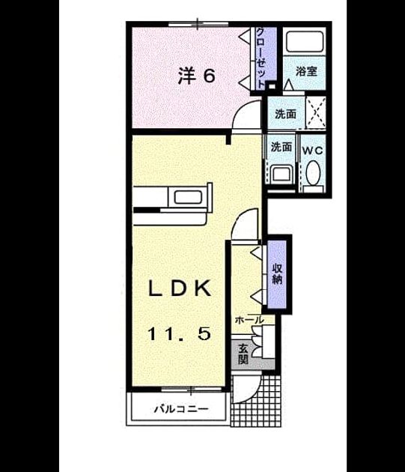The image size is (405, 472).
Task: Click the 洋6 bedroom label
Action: [197, 75]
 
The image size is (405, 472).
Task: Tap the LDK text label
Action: [180, 289]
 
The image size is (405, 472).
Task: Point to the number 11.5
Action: [179, 334]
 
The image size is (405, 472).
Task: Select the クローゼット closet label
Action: [261, 58]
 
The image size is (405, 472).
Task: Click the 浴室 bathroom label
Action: [306, 72]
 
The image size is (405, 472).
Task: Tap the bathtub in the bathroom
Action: [305, 41]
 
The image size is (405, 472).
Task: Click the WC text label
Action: [313, 151]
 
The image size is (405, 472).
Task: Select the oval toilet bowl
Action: [313, 172]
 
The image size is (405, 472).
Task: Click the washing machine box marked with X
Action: [315, 112]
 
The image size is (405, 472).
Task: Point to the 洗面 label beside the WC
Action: [281, 147]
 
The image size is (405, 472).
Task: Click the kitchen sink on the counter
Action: [188, 197]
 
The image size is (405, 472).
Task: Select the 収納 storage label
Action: [277, 273]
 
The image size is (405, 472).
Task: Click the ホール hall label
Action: [249, 321]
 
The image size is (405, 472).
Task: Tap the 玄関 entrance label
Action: [243, 354]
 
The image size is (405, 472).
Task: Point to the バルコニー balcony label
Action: [181, 409]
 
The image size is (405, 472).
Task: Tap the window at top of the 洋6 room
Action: [198, 24]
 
